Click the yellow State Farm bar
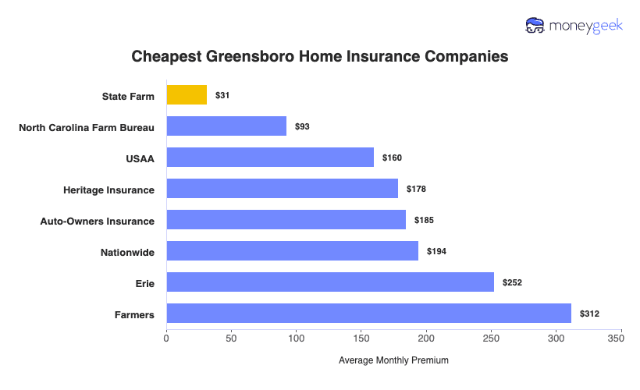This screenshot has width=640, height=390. (187, 95)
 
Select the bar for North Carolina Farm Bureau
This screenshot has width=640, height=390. (226, 126)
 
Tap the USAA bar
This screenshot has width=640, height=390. (270, 158)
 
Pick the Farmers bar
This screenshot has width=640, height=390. (368, 314)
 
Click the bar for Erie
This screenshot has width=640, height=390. (330, 282)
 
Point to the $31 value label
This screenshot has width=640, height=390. (222, 95)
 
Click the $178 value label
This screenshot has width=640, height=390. (414, 189)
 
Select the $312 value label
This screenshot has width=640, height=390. (588, 314)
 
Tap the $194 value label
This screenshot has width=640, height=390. (436, 251)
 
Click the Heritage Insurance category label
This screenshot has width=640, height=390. (108, 190)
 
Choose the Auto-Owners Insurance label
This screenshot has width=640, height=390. (97, 221)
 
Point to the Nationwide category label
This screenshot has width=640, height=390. (127, 252)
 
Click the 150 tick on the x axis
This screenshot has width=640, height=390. (361, 339)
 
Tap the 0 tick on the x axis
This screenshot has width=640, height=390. (166, 339)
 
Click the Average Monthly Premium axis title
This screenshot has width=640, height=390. (393, 361)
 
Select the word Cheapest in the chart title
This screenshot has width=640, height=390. (164, 57)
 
